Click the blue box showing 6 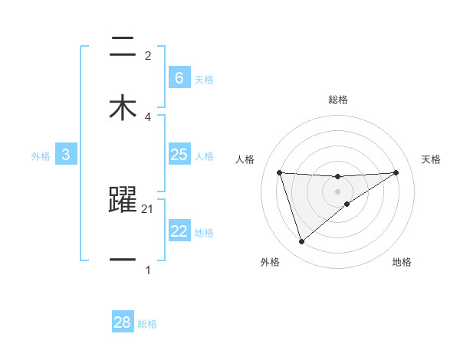pyautogui.click(x=179, y=77)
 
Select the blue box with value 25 pyautogui.click(x=179, y=155)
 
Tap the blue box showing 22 pyautogui.click(x=179, y=231)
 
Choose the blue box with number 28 pyautogui.click(x=123, y=322)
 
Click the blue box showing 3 pyautogui.click(x=66, y=155)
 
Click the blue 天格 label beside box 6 pyautogui.click(x=204, y=79)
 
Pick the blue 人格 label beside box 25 pyautogui.click(x=204, y=156)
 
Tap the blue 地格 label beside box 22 pyautogui.click(x=204, y=233)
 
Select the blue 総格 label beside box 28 pyautogui.click(x=147, y=324)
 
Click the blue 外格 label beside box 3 pyautogui.click(x=41, y=156)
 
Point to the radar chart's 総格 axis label pyautogui.click(x=337, y=100)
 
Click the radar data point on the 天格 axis pyautogui.click(x=396, y=172)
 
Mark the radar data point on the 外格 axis pyautogui.click(x=301, y=242)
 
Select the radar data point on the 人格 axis pyautogui.click(x=279, y=172)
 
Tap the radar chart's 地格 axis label pyautogui.click(x=402, y=263)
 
